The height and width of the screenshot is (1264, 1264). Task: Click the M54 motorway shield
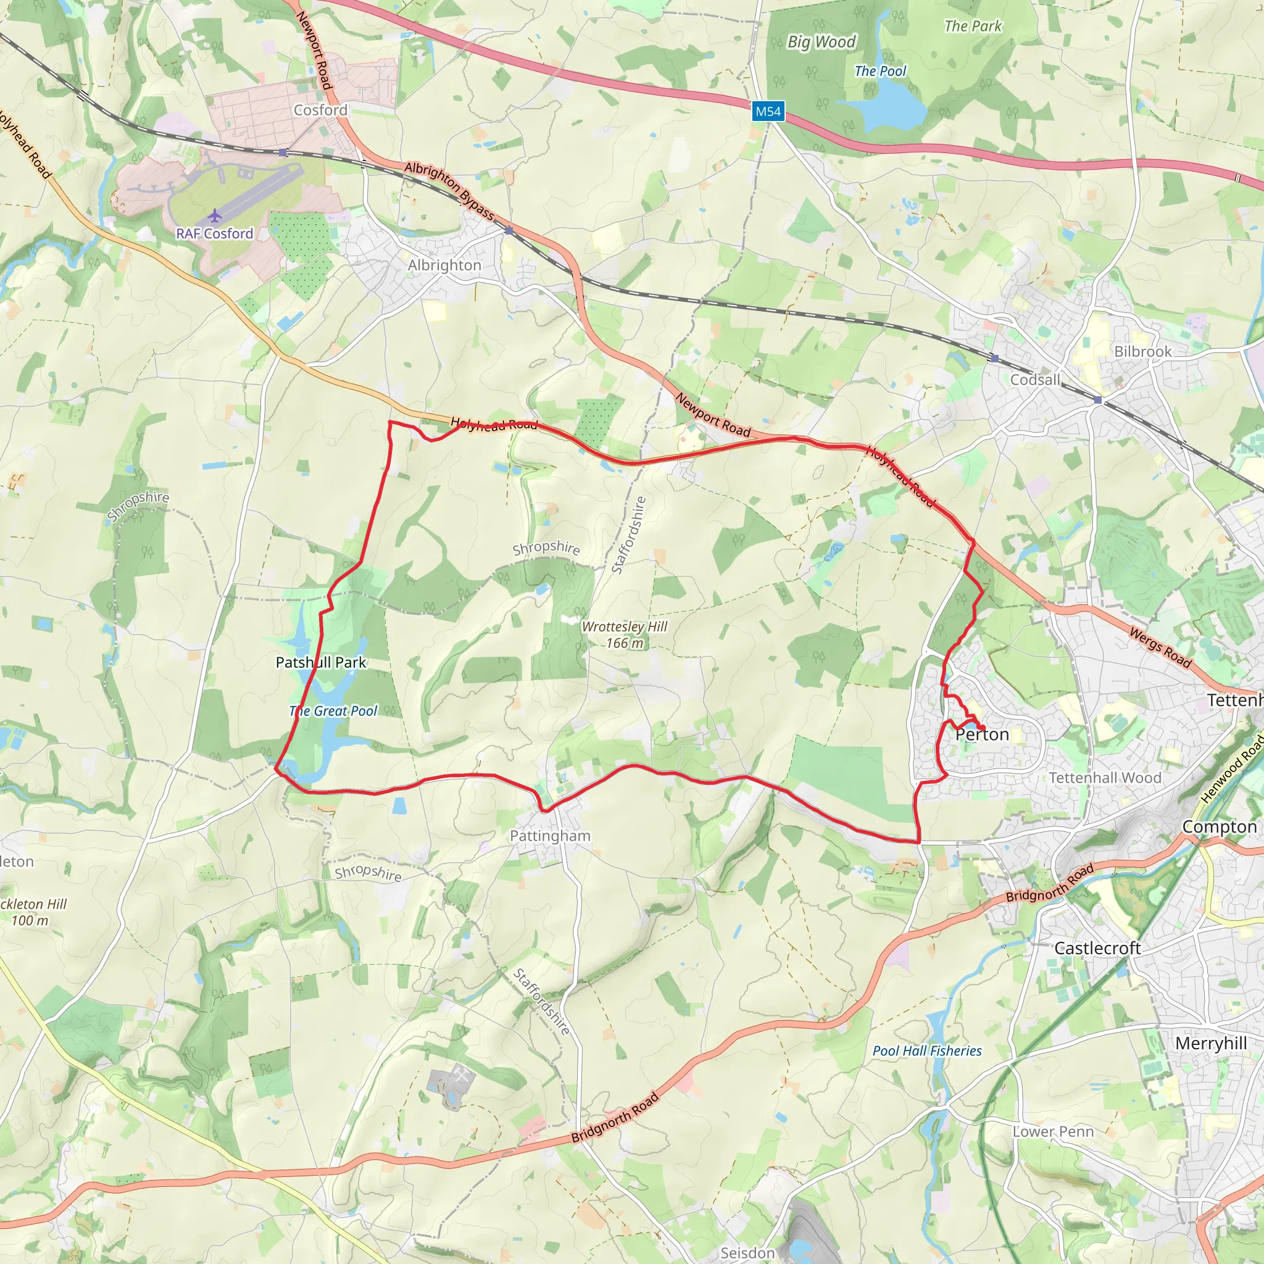click(767, 111)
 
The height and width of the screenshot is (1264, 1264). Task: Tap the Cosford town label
click(320, 110)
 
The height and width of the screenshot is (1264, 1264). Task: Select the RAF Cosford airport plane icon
click(214, 215)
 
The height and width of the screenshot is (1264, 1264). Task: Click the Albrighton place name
click(444, 265)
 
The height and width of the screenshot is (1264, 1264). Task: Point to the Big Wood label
click(821, 42)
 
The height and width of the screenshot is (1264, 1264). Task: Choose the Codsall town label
click(1035, 380)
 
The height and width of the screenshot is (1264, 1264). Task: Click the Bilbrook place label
click(1143, 351)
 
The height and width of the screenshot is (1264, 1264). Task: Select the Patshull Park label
click(320, 662)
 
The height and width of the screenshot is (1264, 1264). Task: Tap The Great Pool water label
click(333, 710)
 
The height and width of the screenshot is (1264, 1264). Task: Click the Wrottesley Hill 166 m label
click(624, 634)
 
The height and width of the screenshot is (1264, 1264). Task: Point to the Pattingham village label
click(549, 836)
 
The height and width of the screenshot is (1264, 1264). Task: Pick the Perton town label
click(982, 734)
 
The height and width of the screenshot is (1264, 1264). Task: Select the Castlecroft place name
click(1097, 948)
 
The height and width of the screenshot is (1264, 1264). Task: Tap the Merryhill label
click(1210, 1043)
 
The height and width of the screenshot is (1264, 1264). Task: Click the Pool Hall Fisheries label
click(927, 1050)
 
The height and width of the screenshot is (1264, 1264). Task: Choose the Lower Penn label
click(1053, 1132)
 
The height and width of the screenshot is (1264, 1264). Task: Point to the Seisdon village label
click(747, 1252)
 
